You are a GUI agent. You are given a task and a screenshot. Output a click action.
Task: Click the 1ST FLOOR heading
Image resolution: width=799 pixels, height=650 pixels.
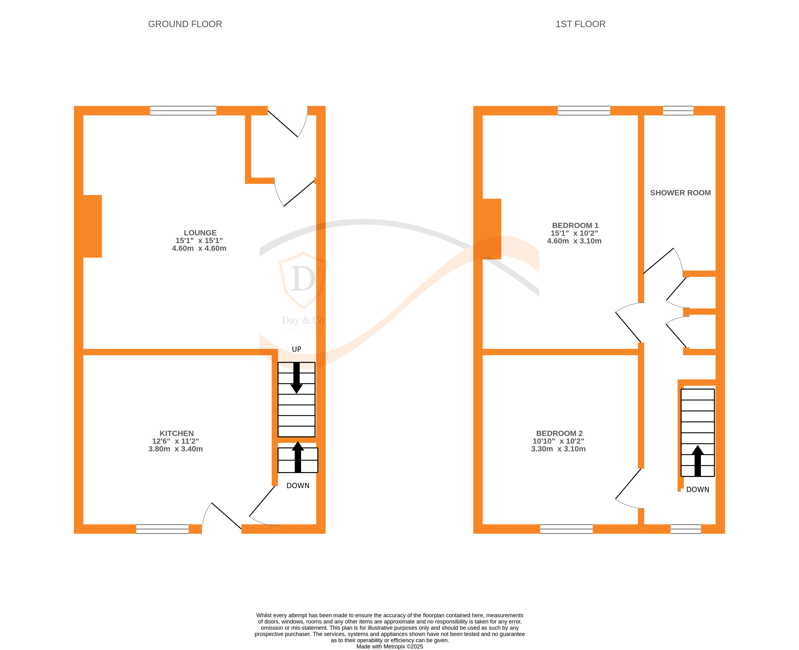tap(580, 24)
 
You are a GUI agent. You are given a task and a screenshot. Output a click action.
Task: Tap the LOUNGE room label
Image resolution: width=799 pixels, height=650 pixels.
tap(200, 233)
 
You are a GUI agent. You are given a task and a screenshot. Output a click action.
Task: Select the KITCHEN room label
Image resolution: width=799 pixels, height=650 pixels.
tap(177, 433)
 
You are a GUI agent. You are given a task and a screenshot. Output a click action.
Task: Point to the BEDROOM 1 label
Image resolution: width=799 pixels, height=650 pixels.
tap(575, 225)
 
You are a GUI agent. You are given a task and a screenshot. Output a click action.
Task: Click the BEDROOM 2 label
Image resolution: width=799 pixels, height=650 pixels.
tap(559, 433)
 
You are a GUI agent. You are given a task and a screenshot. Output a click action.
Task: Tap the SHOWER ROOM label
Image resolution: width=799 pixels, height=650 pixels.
tap(681, 193)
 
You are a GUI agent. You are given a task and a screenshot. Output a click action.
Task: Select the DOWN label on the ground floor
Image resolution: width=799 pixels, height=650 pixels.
tap(298, 486)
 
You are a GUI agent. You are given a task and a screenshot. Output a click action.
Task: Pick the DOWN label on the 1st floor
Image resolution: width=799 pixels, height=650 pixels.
tap(698, 489)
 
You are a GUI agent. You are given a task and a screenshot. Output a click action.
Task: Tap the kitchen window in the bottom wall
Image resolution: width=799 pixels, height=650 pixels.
tap(162, 529)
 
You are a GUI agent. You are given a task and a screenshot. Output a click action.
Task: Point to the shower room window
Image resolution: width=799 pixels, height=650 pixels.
tap(678, 110)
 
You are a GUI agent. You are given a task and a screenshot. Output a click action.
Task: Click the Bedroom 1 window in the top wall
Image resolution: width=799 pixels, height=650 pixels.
tap(584, 110)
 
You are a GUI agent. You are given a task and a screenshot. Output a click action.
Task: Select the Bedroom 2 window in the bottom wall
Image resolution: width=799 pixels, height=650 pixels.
tap(566, 529)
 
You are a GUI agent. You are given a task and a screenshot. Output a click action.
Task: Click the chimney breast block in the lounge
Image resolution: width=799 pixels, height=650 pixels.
tap(92, 226)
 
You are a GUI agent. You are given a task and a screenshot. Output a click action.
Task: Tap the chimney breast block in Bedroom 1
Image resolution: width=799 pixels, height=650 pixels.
tap(492, 229)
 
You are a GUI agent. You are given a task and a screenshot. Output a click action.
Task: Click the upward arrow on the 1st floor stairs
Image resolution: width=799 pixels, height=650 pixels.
tap(698, 461)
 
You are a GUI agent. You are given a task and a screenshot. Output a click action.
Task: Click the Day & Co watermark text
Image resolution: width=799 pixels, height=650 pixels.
tap(303, 321)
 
